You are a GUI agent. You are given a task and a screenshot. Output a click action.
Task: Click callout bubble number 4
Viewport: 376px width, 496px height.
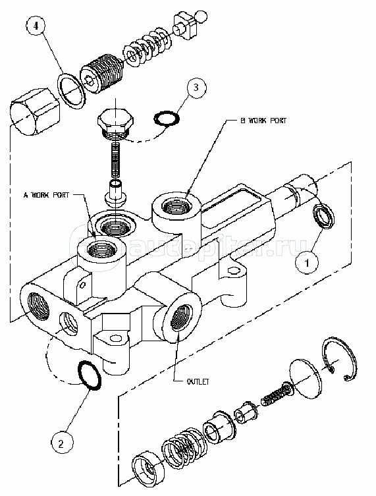pyautogui.click(x=36, y=26)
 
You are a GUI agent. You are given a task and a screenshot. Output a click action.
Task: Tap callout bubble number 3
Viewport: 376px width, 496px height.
pyautogui.click(x=196, y=87)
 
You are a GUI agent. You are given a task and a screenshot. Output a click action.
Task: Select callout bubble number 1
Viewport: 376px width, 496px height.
pyautogui.click(x=306, y=262)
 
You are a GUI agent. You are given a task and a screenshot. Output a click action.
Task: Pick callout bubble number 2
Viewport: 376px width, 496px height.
pyautogui.click(x=61, y=444)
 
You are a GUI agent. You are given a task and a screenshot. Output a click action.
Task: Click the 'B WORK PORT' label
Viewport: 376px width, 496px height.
pyautogui.click(x=263, y=121)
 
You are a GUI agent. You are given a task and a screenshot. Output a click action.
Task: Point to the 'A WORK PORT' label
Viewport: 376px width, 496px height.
pyautogui.click(x=46, y=194)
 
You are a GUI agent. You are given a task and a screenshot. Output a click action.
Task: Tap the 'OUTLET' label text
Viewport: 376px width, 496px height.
pyautogui.click(x=198, y=382)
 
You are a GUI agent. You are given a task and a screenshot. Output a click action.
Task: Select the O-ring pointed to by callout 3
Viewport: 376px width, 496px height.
pyautogui.click(x=167, y=119)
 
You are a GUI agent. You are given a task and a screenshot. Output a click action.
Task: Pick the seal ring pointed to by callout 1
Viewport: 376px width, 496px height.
pyautogui.click(x=323, y=216)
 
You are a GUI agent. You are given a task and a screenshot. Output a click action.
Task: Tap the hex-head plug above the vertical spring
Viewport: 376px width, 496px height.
pyautogui.click(x=115, y=124)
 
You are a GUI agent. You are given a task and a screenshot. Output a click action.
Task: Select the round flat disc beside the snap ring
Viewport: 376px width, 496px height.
pyautogui.click(x=306, y=379)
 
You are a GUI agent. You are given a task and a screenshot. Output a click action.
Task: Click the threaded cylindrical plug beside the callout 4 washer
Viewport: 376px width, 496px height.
pyautogui.click(x=102, y=74)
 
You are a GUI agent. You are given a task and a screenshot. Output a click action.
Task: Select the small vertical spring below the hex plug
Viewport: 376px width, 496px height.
pyautogui.click(x=115, y=160)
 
